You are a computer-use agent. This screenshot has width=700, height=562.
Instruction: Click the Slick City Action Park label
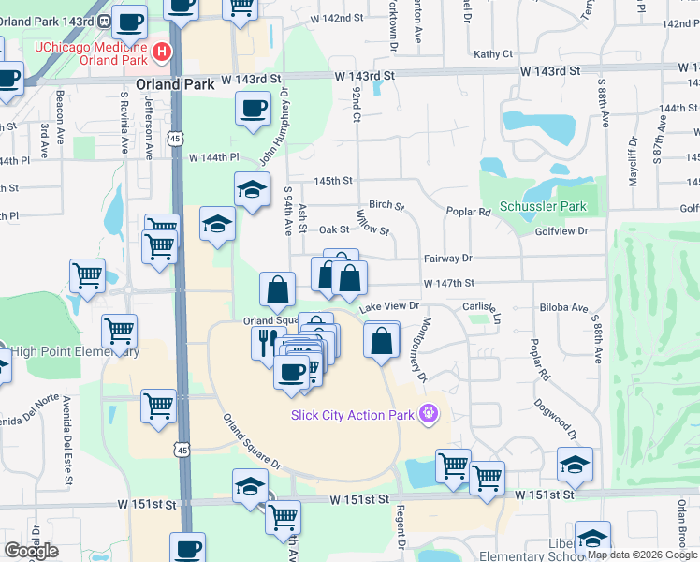point(354,415)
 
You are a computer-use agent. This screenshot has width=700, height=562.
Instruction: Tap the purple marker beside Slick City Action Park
point(430,412)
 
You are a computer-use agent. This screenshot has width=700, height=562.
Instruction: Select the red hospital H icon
point(163,52)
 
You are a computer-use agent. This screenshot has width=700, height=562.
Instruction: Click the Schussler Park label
point(542,206)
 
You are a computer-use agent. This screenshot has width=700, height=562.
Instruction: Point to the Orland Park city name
point(175,83)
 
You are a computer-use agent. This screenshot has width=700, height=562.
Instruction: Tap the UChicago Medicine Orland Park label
point(91,53)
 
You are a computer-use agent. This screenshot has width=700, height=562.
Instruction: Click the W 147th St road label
point(449,283)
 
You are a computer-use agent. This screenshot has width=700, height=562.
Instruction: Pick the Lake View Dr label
point(387,306)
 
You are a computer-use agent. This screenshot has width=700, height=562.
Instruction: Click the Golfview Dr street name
point(561,230)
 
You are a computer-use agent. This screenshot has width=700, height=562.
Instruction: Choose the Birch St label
point(386,205)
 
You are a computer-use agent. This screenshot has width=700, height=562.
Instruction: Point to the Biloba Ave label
point(562,307)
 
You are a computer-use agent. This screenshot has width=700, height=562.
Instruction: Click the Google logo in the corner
point(31,551)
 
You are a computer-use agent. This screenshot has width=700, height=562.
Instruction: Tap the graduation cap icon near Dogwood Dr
point(575,463)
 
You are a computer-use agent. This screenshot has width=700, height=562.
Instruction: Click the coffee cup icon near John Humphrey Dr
point(253,109)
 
